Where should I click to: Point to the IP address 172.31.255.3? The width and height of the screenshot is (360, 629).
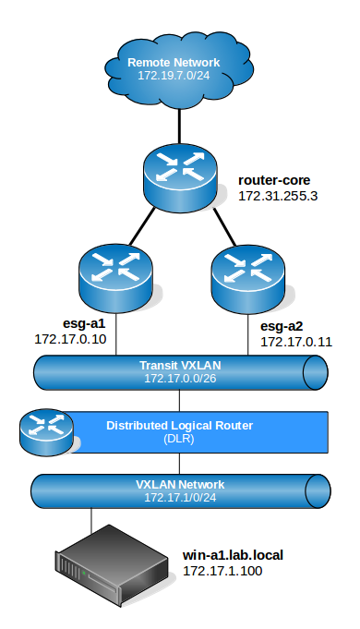[278, 196]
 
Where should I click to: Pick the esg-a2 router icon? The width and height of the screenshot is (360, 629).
[246, 272]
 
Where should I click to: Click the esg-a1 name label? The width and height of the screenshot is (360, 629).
[56, 324]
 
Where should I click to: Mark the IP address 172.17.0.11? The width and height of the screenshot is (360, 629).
[295, 342]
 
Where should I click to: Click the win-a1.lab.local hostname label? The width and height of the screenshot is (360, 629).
[235, 555]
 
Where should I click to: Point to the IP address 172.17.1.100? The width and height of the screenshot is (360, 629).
[222, 573]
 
